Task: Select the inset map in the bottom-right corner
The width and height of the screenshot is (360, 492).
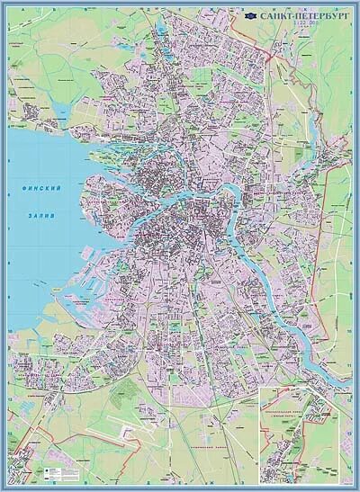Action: [x=303, y=434]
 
